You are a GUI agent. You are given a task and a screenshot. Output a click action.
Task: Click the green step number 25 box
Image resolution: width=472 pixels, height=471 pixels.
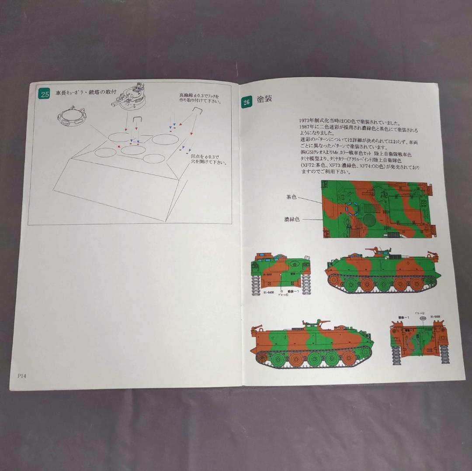click(45, 94)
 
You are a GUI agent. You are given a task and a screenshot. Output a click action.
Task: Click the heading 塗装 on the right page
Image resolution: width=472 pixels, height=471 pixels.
click(264, 99)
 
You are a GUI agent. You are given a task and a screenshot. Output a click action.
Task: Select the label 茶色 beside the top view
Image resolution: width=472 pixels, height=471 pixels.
click(291, 197)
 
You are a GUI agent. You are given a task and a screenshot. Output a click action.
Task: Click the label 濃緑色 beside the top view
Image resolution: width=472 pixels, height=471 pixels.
click(292, 219)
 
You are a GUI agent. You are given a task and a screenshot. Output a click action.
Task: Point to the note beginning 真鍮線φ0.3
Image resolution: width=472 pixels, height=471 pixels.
click(199, 98)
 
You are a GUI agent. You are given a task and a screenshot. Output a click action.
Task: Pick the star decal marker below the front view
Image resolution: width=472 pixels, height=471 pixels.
click(282, 291)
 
